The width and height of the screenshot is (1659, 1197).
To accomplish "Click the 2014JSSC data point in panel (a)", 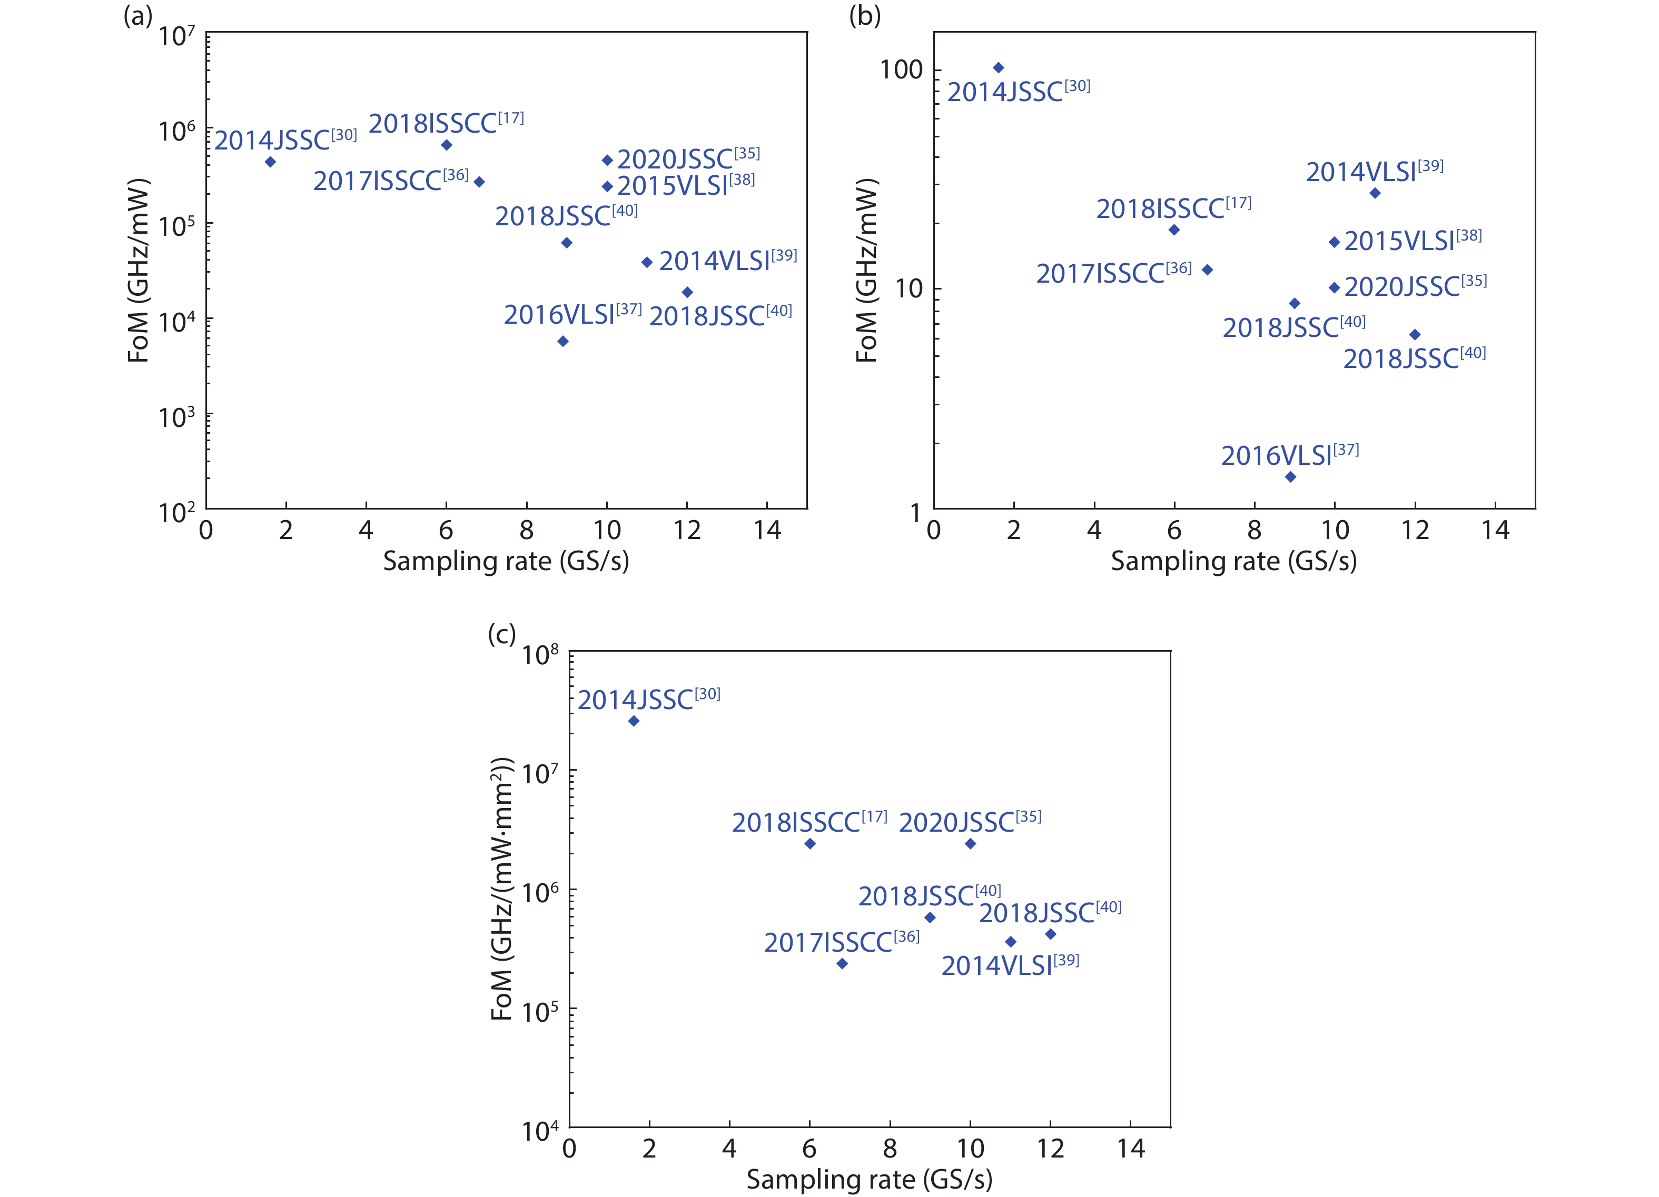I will [270, 162].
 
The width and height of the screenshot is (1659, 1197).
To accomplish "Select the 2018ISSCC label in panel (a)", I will [446, 124].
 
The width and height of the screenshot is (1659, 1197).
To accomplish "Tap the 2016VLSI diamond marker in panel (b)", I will [1290, 477].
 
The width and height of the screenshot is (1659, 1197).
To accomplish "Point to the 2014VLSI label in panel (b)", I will [1374, 172].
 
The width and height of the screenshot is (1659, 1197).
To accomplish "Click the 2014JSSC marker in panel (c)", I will [634, 721].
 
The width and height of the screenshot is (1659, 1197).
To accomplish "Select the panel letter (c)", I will [502, 633].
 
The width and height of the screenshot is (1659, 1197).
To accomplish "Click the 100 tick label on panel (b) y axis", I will [901, 69].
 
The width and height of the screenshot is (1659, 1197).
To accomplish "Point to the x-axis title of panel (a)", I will [506, 561].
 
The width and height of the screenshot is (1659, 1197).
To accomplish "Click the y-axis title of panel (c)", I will [502, 889].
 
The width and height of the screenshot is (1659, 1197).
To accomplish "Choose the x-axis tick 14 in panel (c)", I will [1130, 1149].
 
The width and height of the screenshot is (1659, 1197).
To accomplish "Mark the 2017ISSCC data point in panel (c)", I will [842, 964].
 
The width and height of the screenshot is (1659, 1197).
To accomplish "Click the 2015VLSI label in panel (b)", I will [1413, 241].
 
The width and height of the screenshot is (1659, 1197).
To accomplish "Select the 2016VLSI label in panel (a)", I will [572, 314].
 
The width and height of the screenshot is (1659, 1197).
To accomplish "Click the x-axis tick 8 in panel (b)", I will [1255, 530].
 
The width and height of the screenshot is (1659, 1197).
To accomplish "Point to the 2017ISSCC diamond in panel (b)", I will [1208, 270].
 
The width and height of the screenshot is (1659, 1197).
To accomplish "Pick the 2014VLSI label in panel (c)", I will [1010, 965].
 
